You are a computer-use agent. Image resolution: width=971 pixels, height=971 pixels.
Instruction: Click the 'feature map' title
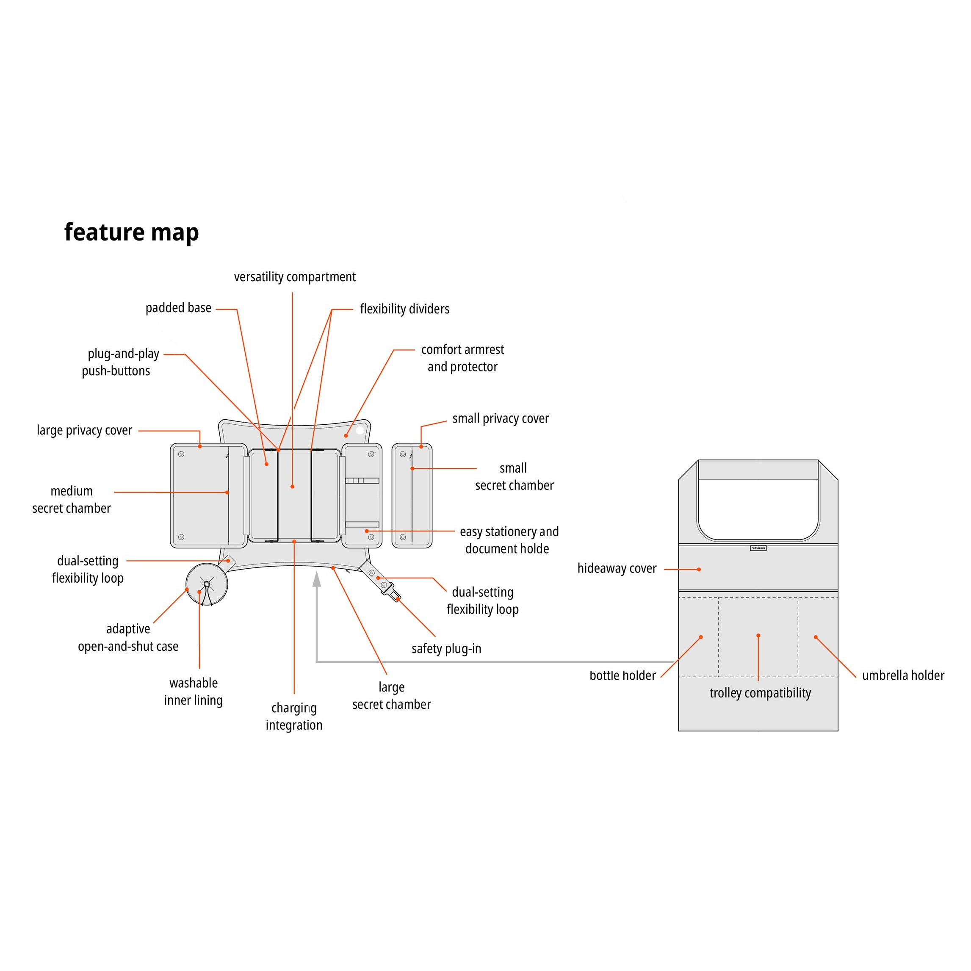[132, 232]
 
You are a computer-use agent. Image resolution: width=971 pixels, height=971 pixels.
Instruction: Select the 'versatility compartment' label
[294, 277]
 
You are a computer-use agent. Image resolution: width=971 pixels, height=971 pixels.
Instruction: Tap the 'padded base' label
[178, 307]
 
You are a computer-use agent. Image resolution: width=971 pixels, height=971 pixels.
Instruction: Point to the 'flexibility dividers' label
[404, 309]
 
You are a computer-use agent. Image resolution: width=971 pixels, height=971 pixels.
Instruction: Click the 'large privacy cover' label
[84, 430]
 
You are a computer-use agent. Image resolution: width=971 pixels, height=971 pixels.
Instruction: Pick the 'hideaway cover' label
[617, 568]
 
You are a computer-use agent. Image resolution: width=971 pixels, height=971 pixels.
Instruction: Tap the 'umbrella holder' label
[903, 675]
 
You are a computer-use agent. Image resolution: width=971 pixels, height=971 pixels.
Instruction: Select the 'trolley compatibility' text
[760, 693]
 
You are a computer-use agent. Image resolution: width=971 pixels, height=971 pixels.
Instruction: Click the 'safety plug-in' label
[446, 648]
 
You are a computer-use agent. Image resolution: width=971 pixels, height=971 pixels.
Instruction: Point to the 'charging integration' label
[294, 716]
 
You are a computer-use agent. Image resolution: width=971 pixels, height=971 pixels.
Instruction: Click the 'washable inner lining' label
[194, 692]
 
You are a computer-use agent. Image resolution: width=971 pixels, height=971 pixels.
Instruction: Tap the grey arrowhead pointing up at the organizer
[317, 579]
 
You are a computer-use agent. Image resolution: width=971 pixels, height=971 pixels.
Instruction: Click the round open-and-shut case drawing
[207, 584]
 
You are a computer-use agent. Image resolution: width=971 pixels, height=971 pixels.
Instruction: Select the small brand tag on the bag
[758, 548]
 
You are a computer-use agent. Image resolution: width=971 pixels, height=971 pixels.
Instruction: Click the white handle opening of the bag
[758, 509]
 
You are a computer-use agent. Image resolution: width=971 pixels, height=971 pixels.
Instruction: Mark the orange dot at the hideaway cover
[699, 570]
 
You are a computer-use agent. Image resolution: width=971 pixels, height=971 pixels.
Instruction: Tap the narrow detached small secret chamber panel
[412, 495]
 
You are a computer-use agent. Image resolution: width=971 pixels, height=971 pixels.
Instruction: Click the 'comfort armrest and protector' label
[462, 358]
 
